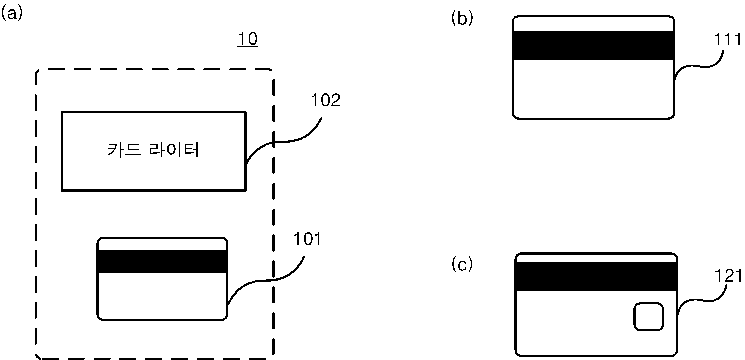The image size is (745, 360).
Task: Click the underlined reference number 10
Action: click(248, 39)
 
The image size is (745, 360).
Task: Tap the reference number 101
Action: click(307, 239)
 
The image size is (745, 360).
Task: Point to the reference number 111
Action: click(727, 39)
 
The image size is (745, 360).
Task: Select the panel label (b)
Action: click(462, 18)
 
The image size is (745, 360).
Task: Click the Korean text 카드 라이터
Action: click(153, 150)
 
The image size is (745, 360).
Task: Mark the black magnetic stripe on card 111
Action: click(593, 46)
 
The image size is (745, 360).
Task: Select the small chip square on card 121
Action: click(649, 317)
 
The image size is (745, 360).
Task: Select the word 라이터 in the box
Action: click(174, 150)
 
